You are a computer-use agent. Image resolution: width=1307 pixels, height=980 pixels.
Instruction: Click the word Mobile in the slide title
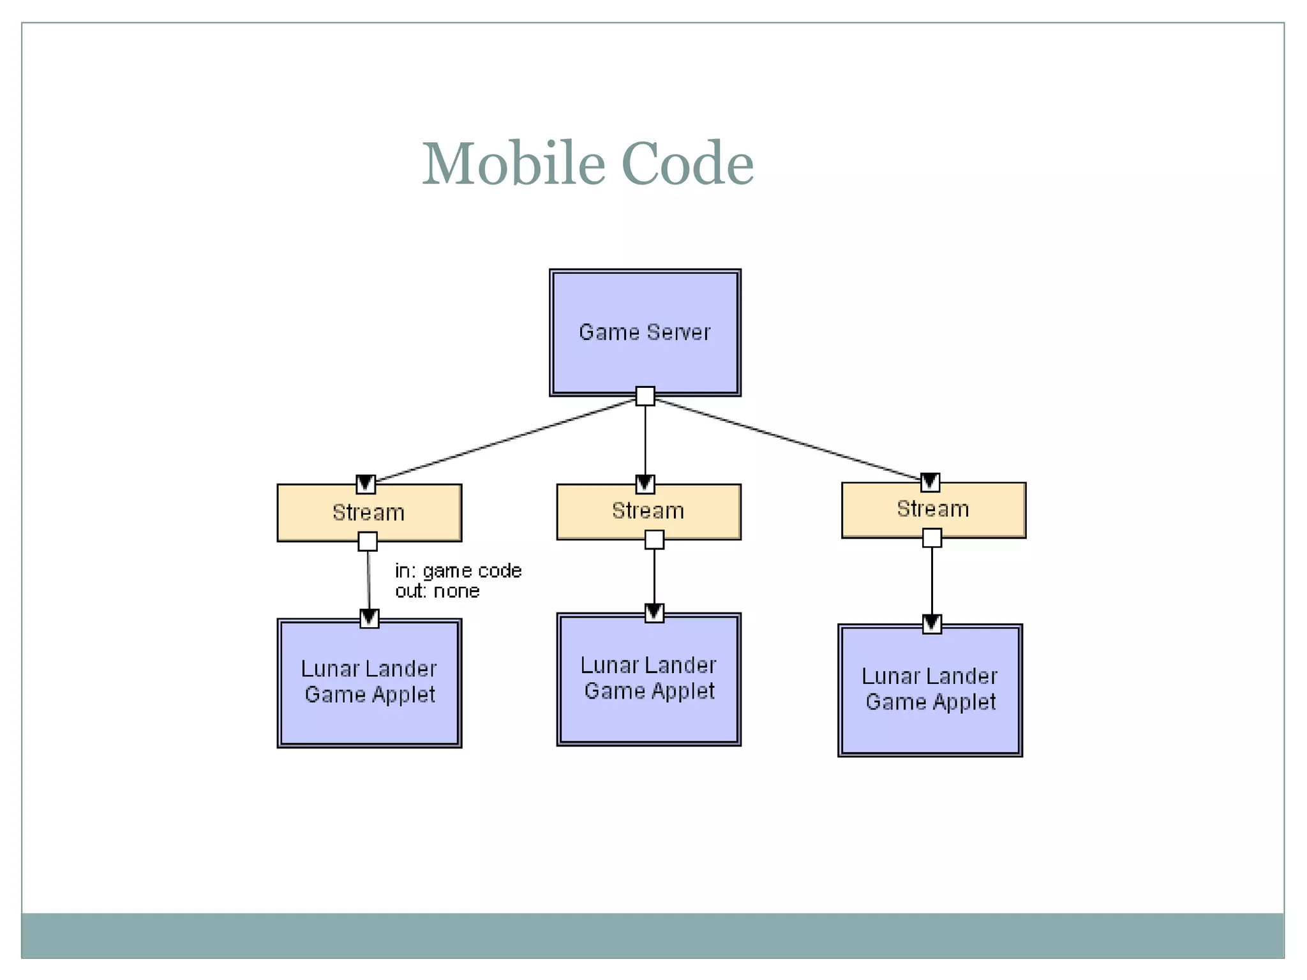[513, 164]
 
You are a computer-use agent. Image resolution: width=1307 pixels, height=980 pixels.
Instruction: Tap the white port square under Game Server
[645, 396]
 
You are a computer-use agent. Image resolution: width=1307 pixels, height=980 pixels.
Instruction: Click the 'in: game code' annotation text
[458, 570]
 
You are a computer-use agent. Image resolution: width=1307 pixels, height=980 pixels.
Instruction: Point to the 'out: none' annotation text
[437, 591]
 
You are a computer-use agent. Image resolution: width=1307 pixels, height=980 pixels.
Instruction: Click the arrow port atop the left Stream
[366, 484]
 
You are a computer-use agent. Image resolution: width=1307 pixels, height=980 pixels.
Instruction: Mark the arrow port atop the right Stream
[930, 482]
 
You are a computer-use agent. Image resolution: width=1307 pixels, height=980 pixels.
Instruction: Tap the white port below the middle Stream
[654, 540]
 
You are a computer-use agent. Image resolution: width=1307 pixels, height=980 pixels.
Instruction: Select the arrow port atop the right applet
[932, 623]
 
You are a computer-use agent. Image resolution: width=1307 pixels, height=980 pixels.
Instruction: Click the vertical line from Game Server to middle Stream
[645, 440]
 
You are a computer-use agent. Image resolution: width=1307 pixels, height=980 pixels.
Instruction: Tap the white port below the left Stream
[368, 542]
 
